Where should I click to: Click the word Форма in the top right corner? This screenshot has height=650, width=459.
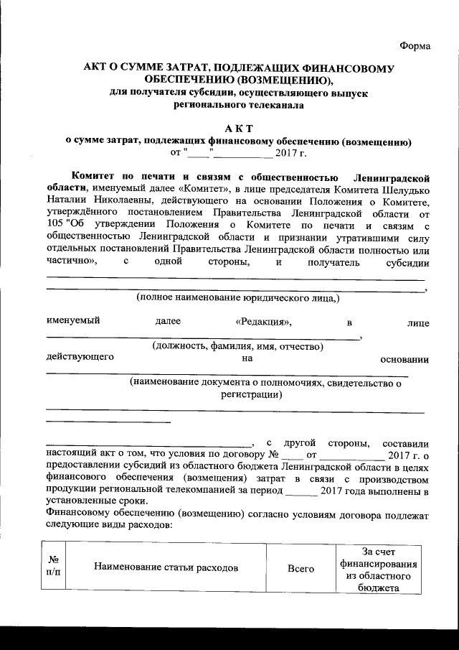pos(415,46)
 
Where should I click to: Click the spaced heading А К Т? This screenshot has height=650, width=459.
pos(238,128)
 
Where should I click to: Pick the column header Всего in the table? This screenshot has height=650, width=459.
pos(301,568)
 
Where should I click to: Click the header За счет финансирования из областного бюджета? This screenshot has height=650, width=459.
pos(377,569)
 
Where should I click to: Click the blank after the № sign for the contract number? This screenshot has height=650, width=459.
pos(293,455)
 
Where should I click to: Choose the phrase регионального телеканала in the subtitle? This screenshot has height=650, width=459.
pos(238,105)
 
